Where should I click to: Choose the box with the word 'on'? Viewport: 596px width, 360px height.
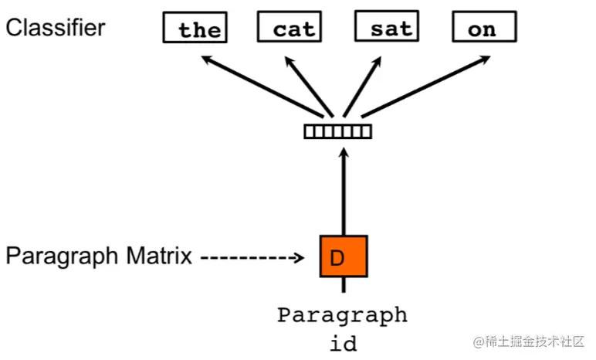[x=483, y=29]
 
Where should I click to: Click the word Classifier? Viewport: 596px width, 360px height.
[x=55, y=28]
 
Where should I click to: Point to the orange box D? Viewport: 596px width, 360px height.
[x=344, y=256]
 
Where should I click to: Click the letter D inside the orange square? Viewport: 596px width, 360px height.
[x=337, y=257]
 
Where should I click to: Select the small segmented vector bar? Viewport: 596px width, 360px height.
[x=338, y=131]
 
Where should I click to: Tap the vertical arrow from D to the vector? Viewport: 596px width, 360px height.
[x=344, y=193]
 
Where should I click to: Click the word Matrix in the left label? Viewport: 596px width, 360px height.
[x=159, y=256]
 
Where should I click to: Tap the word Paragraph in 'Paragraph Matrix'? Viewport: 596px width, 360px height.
[x=61, y=256]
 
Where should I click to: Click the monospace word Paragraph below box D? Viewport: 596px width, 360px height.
[x=343, y=315]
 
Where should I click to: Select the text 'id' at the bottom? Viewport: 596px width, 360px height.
[x=344, y=342]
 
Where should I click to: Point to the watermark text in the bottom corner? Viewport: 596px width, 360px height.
[x=530, y=341]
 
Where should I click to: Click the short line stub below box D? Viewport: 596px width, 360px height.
[x=344, y=285]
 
